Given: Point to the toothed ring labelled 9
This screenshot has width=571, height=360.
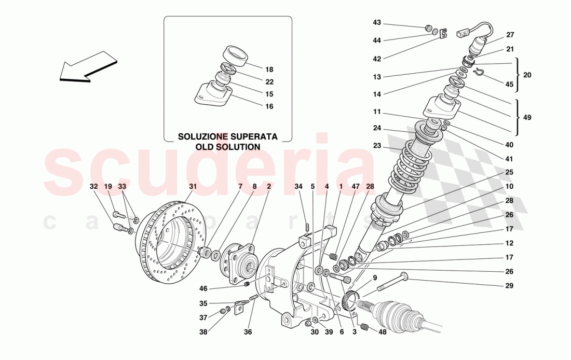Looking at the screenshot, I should point(351,301).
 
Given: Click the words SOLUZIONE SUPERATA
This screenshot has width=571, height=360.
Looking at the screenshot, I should point(227,137).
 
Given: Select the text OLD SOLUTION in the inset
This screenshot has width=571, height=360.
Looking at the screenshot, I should point(227,147).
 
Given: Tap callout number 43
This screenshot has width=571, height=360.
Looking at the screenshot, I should point(377,22).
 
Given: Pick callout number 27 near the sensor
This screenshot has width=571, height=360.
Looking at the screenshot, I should point(510,35).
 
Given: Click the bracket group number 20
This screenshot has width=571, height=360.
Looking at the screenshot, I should point(527,75).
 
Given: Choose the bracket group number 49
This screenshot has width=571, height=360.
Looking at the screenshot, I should point(527,118).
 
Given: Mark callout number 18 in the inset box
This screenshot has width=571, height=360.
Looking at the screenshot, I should point(269,70).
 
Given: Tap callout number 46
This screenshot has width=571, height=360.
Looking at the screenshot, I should point(203,288).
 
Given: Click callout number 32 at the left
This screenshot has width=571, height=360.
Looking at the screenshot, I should point(93,186).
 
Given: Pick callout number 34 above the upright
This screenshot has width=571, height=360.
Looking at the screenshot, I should point(298,186).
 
